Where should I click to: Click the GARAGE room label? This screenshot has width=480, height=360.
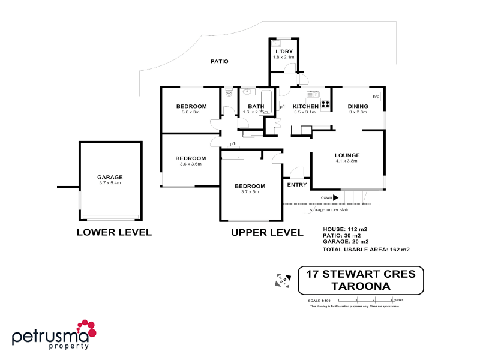tap(110, 177)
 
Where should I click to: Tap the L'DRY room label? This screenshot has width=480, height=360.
tap(284, 52)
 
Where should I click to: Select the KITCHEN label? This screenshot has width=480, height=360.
tap(305, 106)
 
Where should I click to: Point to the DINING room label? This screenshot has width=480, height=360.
tap(358, 106)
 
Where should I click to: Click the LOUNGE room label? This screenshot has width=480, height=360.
tap(347, 155)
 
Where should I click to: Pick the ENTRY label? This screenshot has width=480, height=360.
tap(297, 185)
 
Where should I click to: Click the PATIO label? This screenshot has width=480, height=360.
tap(219, 61)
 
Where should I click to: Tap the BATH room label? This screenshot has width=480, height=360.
tap(256, 106)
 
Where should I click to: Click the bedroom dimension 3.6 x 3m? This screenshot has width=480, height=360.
tap(191, 112)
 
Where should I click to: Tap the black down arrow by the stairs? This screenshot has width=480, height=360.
tap(336, 197)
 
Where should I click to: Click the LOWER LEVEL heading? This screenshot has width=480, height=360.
tap(114, 232)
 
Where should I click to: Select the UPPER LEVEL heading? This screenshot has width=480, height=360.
tap(267, 232)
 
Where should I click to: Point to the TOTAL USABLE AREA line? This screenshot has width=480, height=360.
tap(366, 249)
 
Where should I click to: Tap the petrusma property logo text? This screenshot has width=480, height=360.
tap(51, 337)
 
